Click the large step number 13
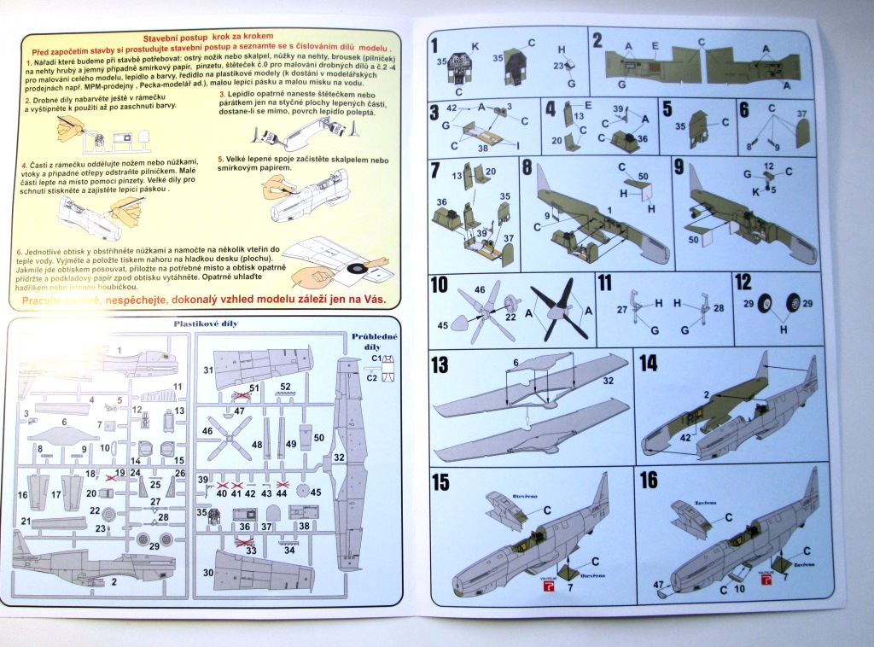(x=440, y=365)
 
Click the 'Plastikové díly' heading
(x=205, y=324)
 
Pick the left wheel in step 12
(x=766, y=305)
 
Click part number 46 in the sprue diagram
(x=207, y=432)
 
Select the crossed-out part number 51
(x=254, y=388)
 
